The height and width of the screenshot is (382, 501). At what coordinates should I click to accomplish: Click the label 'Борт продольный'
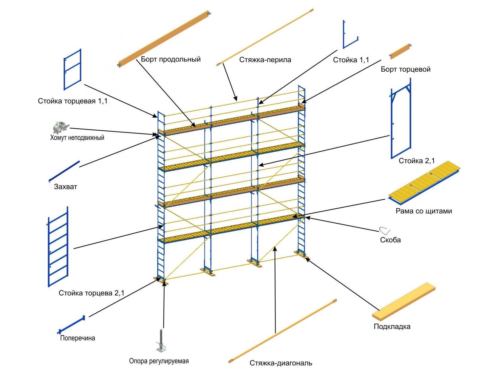[x=171, y=59]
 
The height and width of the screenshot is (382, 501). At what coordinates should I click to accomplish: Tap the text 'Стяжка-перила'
[x=265, y=60]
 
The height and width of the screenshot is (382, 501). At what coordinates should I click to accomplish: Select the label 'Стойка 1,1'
[x=351, y=60]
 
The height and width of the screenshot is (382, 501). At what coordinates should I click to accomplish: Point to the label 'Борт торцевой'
[x=406, y=69]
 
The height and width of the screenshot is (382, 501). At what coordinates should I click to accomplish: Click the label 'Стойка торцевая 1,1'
[x=72, y=101]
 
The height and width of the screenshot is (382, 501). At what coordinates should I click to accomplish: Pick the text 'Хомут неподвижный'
[x=77, y=138]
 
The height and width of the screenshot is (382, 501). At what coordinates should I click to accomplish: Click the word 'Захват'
[x=65, y=187]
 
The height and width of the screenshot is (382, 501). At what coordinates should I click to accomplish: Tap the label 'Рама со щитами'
[x=423, y=211]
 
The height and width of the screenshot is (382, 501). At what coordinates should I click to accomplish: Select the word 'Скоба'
[x=390, y=240]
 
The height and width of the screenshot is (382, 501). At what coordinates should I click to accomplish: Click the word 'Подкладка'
[x=392, y=326]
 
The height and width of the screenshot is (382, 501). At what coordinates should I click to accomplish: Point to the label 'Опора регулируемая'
[x=159, y=361]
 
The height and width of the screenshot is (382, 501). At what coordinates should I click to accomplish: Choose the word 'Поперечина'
[x=78, y=338]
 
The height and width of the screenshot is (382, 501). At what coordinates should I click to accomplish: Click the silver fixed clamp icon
[x=61, y=127]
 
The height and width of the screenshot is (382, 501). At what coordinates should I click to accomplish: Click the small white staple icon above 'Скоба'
[x=384, y=230]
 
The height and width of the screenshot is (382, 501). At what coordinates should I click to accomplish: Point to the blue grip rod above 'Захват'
[x=64, y=171]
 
